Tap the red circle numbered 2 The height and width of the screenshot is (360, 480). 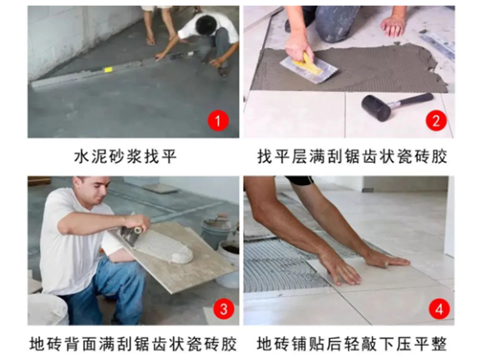pyautogui.click(x=436, y=120)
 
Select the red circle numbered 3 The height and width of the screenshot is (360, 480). pyautogui.click(x=224, y=309)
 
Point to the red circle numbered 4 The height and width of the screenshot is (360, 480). pyautogui.click(x=439, y=309)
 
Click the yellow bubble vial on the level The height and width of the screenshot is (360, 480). pyautogui.click(x=108, y=70)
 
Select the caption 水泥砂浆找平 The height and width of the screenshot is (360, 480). pyautogui.click(x=125, y=156)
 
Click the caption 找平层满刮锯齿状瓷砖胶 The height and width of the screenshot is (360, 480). pyautogui.click(x=352, y=156)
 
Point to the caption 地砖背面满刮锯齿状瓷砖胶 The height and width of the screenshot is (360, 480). pyautogui.click(x=133, y=344)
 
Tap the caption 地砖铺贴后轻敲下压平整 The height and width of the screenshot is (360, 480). pyautogui.click(x=352, y=344)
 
